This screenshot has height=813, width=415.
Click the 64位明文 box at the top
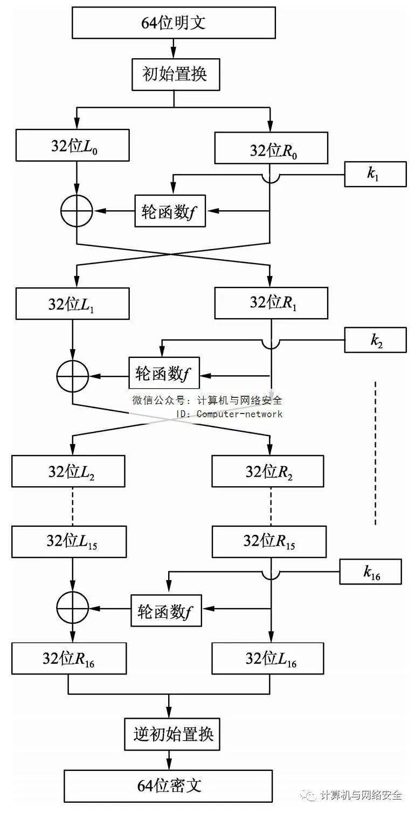(x=174, y=23)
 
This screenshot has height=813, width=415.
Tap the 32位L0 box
(x=73, y=145)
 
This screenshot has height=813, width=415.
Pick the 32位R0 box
(x=271, y=148)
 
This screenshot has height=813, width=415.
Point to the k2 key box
(x=375, y=341)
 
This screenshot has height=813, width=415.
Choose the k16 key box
(x=370, y=572)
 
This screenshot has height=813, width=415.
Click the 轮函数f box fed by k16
(x=166, y=610)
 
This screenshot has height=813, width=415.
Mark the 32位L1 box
(x=73, y=304)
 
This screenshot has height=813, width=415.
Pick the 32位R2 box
(x=268, y=471)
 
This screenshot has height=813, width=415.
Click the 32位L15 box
(x=69, y=541)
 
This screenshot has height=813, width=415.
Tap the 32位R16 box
(x=69, y=659)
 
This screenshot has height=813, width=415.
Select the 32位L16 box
(x=268, y=658)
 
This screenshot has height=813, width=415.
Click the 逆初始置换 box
(x=173, y=734)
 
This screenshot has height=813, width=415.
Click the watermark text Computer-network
(x=239, y=414)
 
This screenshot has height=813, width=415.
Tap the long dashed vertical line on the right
(x=376, y=453)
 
